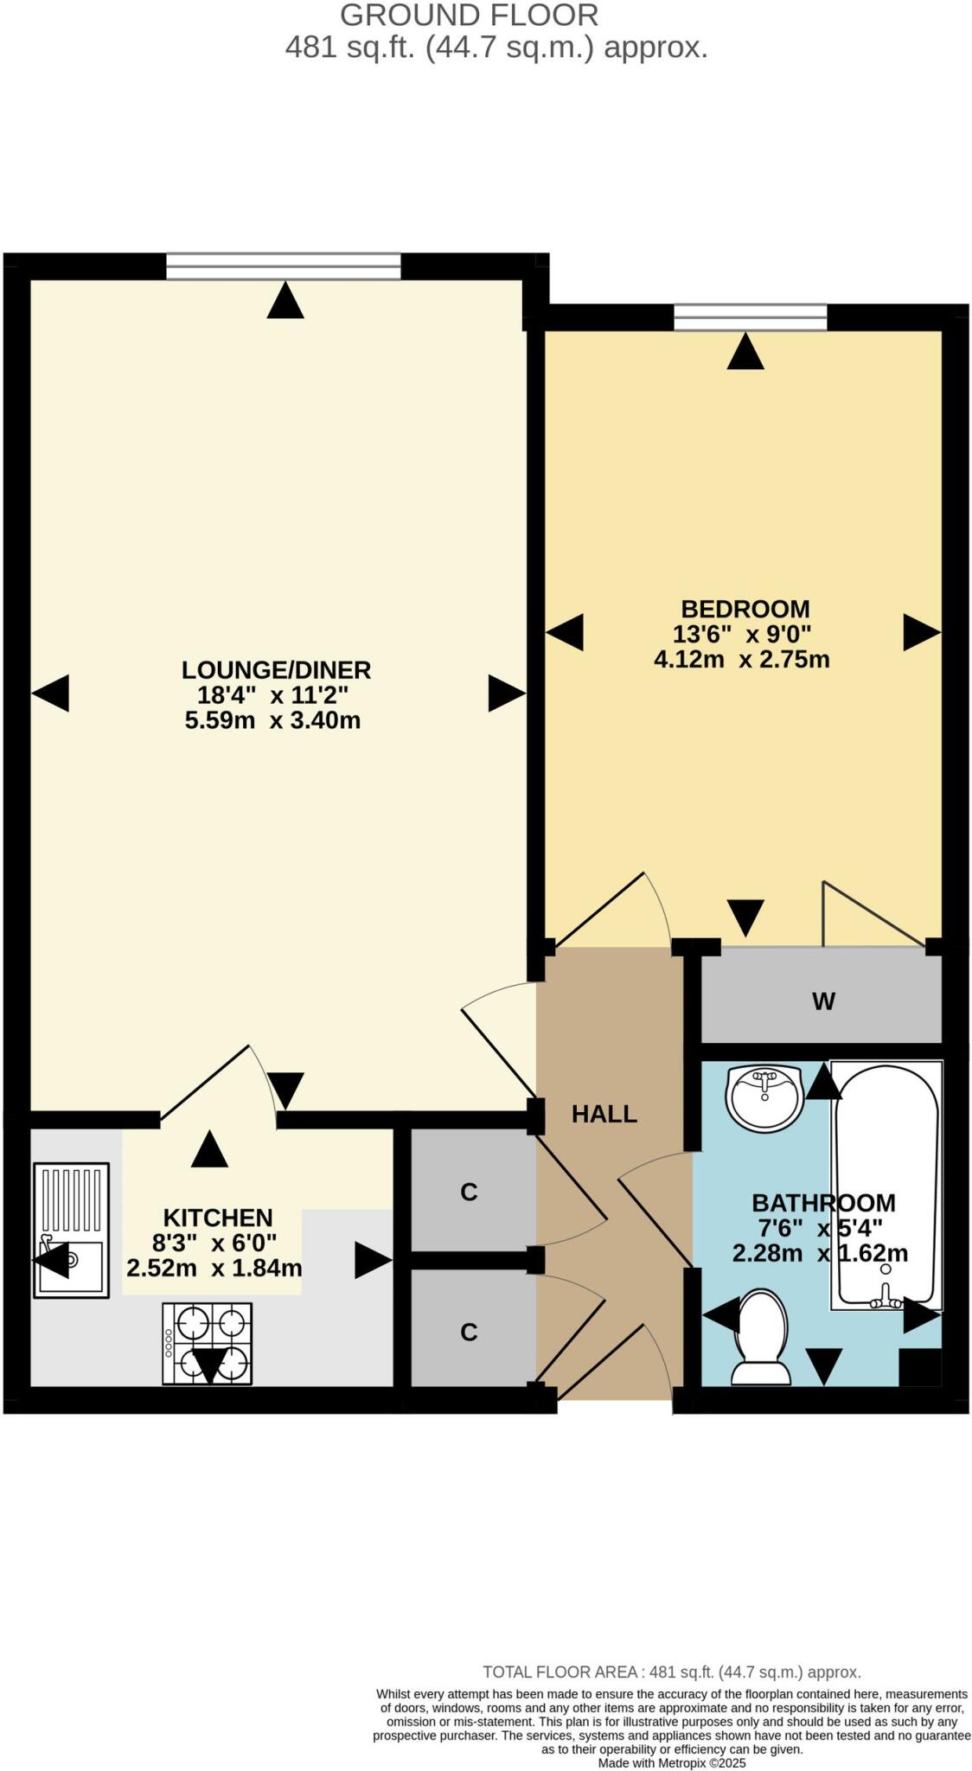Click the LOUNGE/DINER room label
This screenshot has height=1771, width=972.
[x=276, y=670]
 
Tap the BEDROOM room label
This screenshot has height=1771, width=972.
[x=745, y=609]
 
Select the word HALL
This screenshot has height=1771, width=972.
[x=604, y=1115]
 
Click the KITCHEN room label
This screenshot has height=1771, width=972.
[x=218, y=1218]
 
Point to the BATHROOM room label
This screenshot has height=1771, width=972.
[x=822, y=1203]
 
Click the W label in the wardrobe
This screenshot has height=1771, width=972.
[x=822, y=1002]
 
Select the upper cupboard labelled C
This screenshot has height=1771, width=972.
[x=469, y=1192]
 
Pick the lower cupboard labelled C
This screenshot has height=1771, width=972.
[x=469, y=1333]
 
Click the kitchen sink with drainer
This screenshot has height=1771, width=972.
[x=71, y=1230]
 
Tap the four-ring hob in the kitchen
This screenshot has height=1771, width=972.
[x=208, y=1343]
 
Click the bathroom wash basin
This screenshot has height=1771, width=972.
[x=764, y=1096]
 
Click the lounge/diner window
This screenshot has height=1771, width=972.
[x=284, y=266]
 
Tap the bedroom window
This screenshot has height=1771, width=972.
[x=750, y=317]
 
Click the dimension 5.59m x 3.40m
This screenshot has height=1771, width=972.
[x=272, y=720]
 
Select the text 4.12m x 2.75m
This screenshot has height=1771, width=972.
[x=741, y=660]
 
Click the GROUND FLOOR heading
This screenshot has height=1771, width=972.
[x=469, y=16]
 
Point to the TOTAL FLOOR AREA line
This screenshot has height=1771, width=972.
[x=671, y=1672]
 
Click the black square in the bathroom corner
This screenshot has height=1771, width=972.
[x=919, y=1367]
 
